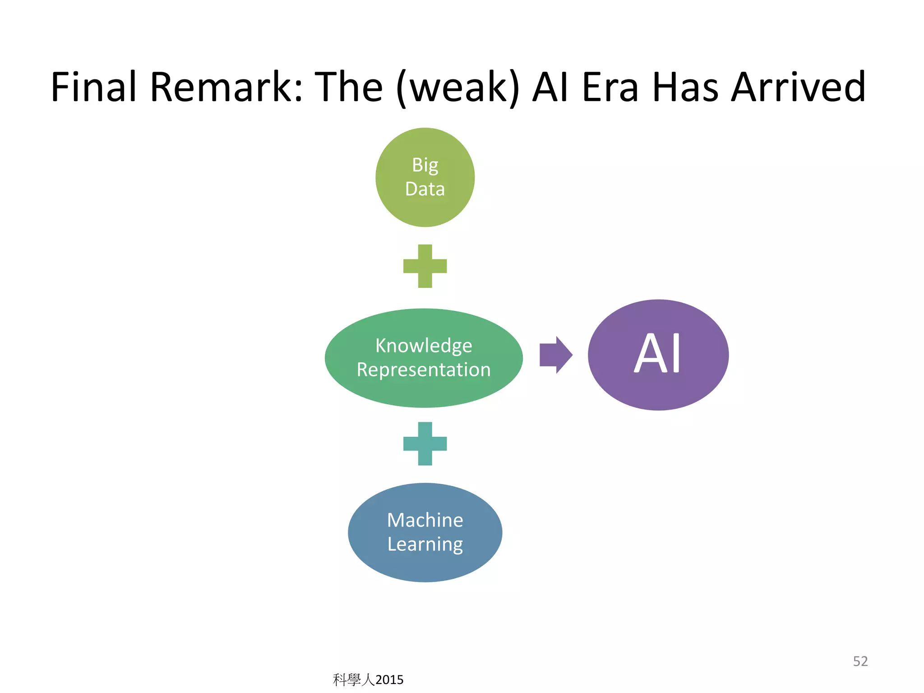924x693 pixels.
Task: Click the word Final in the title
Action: click(93, 87)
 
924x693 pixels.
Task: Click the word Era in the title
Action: click(610, 87)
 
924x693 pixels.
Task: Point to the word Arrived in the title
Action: click(798, 87)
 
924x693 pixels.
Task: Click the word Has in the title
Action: click(685, 87)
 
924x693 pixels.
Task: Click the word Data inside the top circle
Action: click(425, 189)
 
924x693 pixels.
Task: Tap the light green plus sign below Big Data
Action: click(425, 266)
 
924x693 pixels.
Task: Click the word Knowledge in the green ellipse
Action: click(424, 346)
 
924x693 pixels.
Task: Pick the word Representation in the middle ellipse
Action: click(424, 370)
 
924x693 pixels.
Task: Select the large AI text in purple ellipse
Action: click(657, 354)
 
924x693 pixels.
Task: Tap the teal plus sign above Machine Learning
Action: click(425, 444)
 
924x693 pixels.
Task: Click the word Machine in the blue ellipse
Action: click(425, 520)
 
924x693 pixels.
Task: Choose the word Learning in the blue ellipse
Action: click(425, 545)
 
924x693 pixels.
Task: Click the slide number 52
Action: click(860, 661)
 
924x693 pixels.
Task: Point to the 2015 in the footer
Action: click(389, 680)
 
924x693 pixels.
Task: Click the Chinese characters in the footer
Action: click(354, 680)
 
